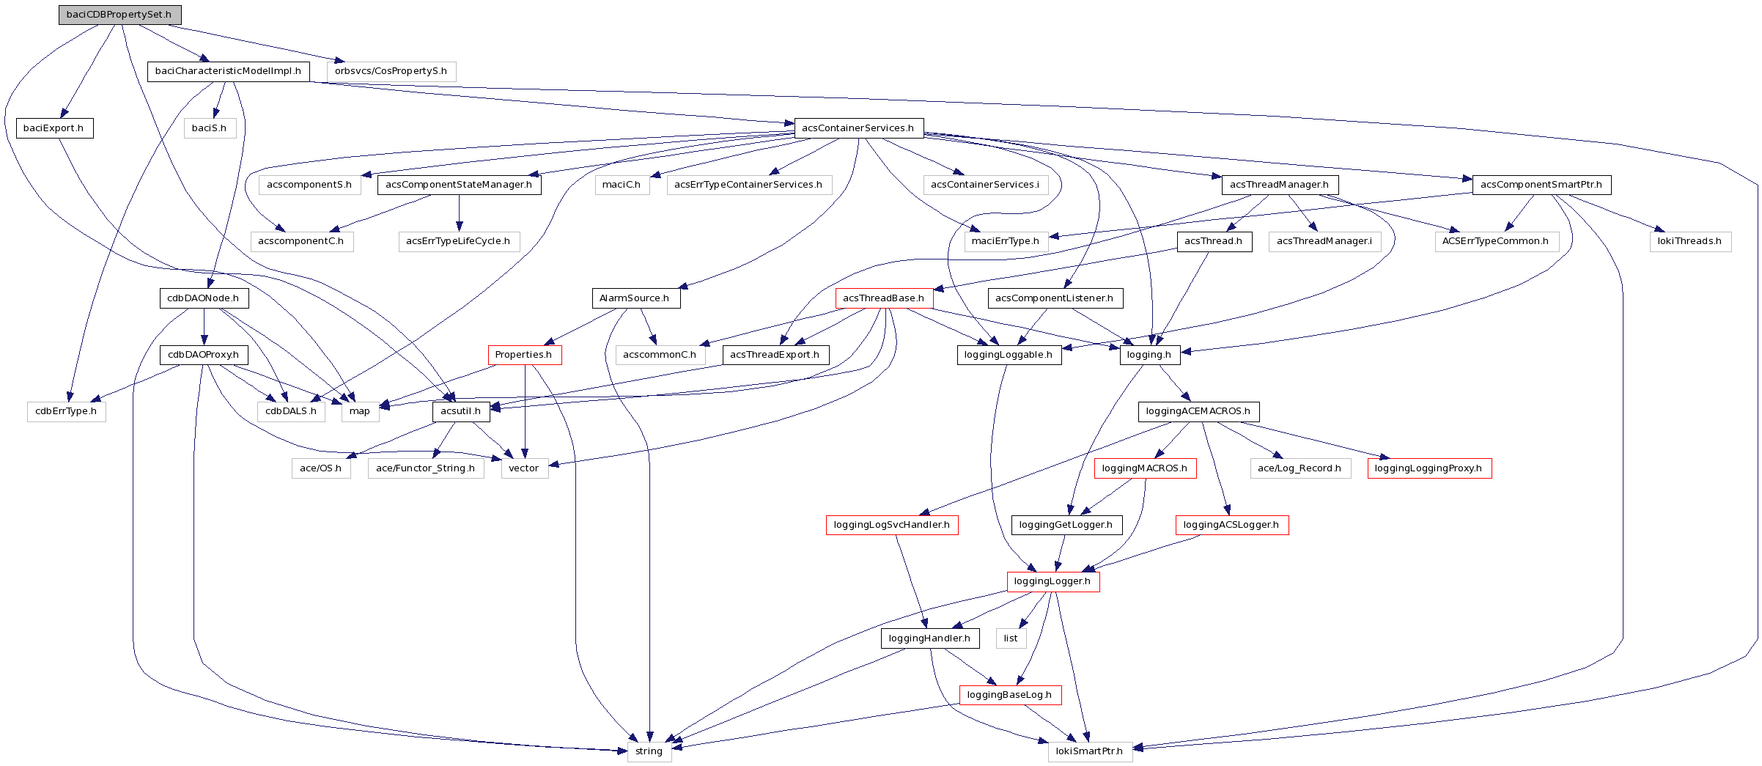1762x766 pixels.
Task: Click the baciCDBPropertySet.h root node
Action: [x=119, y=15]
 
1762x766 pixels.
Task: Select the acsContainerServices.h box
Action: [x=858, y=128]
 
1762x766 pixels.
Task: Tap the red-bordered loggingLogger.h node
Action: [x=1053, y=581]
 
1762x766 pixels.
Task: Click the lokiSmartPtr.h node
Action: [x=1089, y=751]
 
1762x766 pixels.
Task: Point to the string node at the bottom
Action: [x=649, y=751]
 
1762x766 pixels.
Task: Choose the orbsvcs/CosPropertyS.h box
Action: [x=391, y=71]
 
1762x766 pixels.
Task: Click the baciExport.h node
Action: [x=54, y=128]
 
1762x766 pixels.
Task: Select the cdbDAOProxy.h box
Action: [x=203, y=355]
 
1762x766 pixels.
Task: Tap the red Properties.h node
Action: [x=524, y=355]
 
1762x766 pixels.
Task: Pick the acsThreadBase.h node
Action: [x=883, y=298]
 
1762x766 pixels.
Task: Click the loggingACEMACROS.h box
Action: [x=1198, y=411]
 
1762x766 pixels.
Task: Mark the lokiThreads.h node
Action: [x=1689, y=241]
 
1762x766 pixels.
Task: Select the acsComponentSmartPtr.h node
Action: [x=1541, y=185]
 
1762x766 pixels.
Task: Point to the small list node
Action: [x=1011, y=638]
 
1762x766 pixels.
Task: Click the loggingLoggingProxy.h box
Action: [x=1429, y=468]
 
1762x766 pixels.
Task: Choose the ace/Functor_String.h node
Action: [x=425, y=468]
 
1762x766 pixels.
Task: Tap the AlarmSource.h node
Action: [x=635, y=298]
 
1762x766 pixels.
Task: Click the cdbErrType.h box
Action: [x=66, y=411]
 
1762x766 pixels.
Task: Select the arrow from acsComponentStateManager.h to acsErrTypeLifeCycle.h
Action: [x=460, y=213]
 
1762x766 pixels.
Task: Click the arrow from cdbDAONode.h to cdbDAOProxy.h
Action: [x=204, y=327]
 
